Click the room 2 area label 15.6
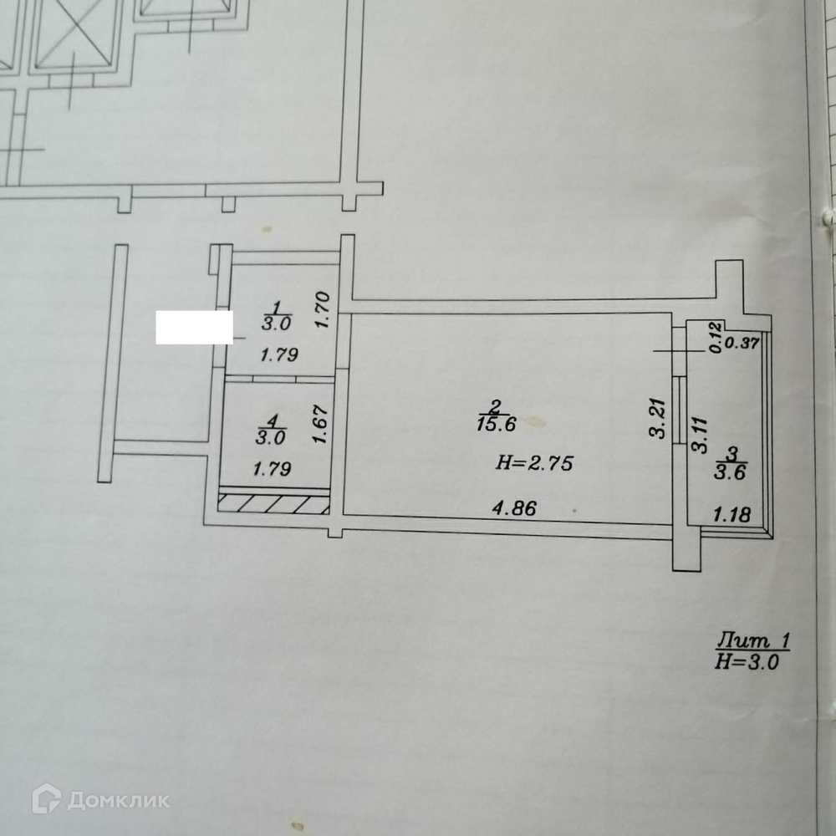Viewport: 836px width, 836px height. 497,424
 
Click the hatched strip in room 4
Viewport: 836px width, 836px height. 273,503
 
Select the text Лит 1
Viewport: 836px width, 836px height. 752,642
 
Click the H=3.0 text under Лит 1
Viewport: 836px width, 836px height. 747,662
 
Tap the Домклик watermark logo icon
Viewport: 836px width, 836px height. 46,799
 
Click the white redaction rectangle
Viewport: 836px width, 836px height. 194,327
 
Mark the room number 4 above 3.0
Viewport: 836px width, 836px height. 275,419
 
